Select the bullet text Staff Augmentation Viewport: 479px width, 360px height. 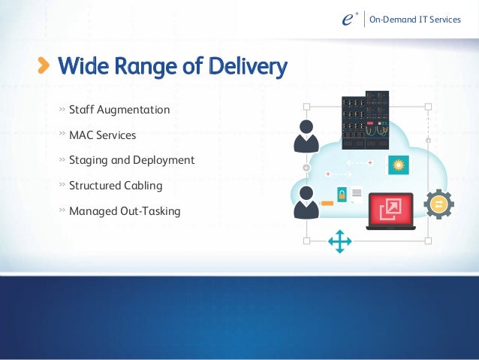coord(119,110)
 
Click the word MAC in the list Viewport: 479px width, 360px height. coord(81,136)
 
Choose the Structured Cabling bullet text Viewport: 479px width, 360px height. coord(116,185)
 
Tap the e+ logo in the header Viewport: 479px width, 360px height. coord(346,20)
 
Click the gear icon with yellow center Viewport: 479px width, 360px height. coord(438,204)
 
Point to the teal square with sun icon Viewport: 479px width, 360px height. coord(398,165)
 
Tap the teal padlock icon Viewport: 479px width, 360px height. coord(342,195)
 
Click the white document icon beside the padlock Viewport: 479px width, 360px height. coord(357,195)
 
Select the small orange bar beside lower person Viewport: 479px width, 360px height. coord(327,203)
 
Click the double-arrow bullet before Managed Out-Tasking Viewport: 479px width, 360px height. coord(62,210)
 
